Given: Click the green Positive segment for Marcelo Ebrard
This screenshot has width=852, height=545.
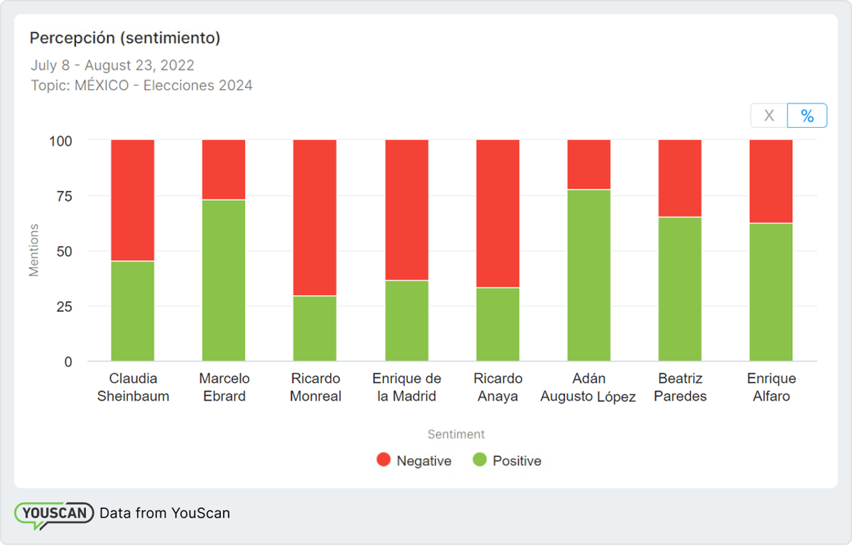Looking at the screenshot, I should (224, 280).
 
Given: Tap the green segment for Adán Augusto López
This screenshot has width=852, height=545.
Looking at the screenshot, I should (589, 275).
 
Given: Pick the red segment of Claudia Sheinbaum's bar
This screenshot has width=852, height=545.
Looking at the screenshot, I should (132, 200).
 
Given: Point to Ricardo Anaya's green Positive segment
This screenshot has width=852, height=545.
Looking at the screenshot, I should (498, 324).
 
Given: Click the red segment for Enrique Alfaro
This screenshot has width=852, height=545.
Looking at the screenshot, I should (771, 181).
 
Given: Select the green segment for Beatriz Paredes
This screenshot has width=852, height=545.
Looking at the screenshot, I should (680, 289).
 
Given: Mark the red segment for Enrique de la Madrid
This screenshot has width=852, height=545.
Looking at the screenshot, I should (407, 210).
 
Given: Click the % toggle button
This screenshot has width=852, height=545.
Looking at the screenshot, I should (807, 116).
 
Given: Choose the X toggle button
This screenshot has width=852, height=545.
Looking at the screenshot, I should (769, 116).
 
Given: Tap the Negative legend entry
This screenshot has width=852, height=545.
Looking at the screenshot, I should (414, 460).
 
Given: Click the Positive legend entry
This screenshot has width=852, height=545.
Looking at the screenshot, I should (507, 460).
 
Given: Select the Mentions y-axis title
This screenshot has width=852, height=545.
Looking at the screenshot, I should (34, 250).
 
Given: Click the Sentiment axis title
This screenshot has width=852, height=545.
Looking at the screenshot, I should (456, 435).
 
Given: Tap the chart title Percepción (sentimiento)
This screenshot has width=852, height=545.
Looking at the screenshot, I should (125, 39).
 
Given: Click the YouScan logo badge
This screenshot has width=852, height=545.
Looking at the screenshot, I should (54, 514).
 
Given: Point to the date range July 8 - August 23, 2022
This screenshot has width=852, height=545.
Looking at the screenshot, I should (112, 65).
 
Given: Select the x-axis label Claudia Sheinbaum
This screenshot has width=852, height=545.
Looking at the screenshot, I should (133, 387).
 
